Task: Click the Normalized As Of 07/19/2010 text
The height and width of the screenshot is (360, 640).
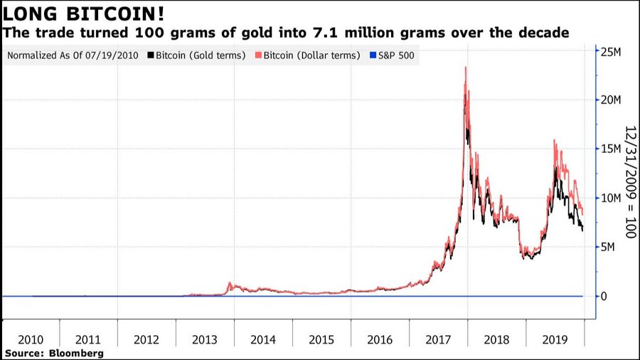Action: pos(72,55)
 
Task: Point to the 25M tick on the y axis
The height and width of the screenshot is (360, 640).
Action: pos(612,51)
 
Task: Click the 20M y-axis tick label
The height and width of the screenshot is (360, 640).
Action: pos(612,100)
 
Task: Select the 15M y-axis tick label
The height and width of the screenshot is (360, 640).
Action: pos(612,149)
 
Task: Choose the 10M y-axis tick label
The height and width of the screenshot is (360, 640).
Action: pos(612,198)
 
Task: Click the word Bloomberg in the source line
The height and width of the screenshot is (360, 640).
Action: pos(73,353)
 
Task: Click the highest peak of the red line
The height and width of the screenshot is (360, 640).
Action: pos(465,68)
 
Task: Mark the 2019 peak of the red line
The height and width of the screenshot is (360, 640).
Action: pos(554,141)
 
